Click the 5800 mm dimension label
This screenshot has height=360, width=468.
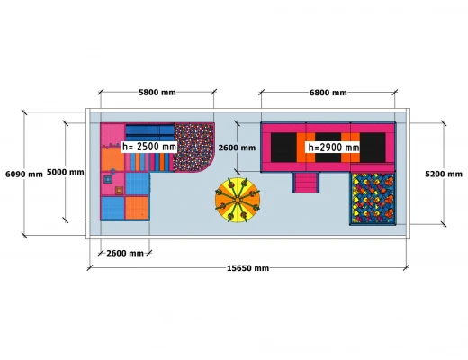coord(157,93)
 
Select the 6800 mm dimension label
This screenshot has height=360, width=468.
coord(328,93)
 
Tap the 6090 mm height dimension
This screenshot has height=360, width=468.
coord(24,175)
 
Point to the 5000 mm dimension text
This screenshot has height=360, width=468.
coord(65,172)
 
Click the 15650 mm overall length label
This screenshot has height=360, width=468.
coord(247,268)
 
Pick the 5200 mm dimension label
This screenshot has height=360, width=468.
coord(444,175)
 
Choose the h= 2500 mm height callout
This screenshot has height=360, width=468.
coord(148,147)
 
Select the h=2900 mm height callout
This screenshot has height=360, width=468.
coord(333,148)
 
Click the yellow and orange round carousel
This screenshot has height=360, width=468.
coord(238,200)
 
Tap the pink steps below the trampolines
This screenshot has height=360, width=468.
coord(306,183)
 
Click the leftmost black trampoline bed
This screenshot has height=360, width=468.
coord(283,148)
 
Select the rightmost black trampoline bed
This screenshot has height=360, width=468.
coord(373,148)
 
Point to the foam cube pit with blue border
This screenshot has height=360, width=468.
coord(373,199)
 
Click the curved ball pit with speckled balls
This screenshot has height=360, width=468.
coord(193,148)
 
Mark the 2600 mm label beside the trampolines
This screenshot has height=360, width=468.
coord(237,148)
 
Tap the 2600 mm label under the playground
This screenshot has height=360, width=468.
coord(125,254)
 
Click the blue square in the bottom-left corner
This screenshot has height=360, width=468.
coord(112,208)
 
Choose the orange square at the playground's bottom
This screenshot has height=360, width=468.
coord(137,208)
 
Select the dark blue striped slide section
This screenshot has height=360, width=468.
coord(149,132)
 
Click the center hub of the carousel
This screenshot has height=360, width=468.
coord(238,200)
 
